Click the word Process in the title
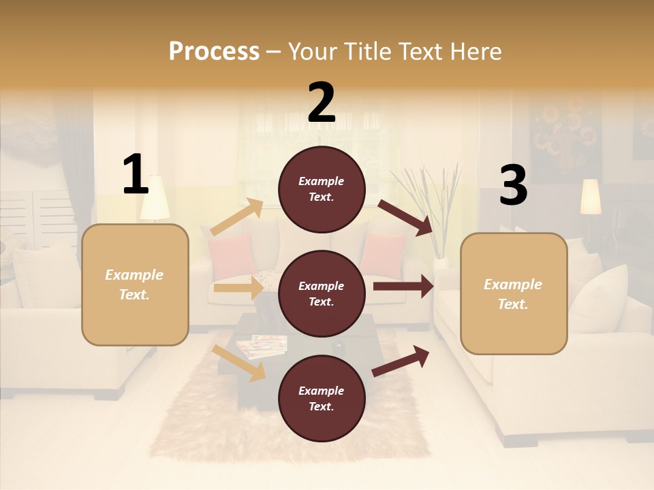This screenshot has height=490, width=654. click(214, 51)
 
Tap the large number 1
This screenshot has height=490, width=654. click(136, 174)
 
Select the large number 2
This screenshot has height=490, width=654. click(322, 103)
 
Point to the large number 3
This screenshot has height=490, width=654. click(513, 186)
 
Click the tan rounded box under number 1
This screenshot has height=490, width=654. click(135, 284)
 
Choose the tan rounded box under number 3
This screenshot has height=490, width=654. click(514, 293)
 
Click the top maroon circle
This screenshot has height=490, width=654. click(322, 189)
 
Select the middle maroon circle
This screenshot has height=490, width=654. click(322, 293)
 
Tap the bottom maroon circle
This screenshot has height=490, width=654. click(322, 398)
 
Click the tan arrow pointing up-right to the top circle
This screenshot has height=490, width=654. click(237, 217)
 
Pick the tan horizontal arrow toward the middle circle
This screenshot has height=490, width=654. click(238, 288)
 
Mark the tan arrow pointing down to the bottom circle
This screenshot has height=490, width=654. click(238, 363)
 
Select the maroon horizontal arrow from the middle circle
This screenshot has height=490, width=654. click(403, 287)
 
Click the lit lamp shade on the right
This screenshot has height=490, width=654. click(591, 196)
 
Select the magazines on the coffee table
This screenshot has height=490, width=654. click(262, 345)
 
